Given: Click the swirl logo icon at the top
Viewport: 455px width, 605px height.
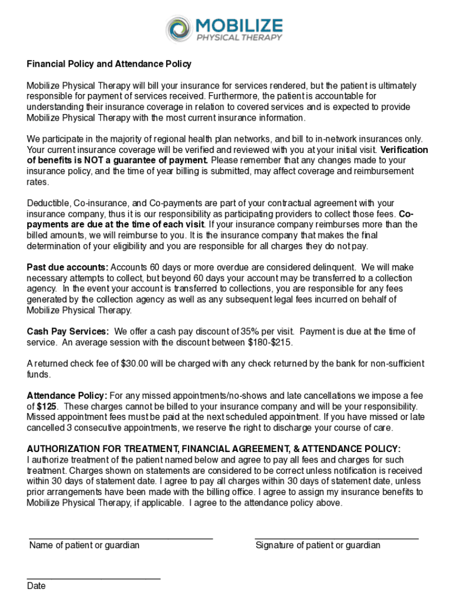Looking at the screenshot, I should pos(178,28).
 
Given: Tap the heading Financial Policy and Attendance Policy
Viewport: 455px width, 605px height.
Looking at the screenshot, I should pos(109,64).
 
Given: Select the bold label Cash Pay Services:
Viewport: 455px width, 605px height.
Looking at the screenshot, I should pos(68,331).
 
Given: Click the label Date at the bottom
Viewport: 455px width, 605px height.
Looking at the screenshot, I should pos(36,586).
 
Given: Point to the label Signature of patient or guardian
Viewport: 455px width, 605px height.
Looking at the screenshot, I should pos(318,545).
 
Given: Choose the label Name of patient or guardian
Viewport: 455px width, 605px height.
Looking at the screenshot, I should pos(84,545).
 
